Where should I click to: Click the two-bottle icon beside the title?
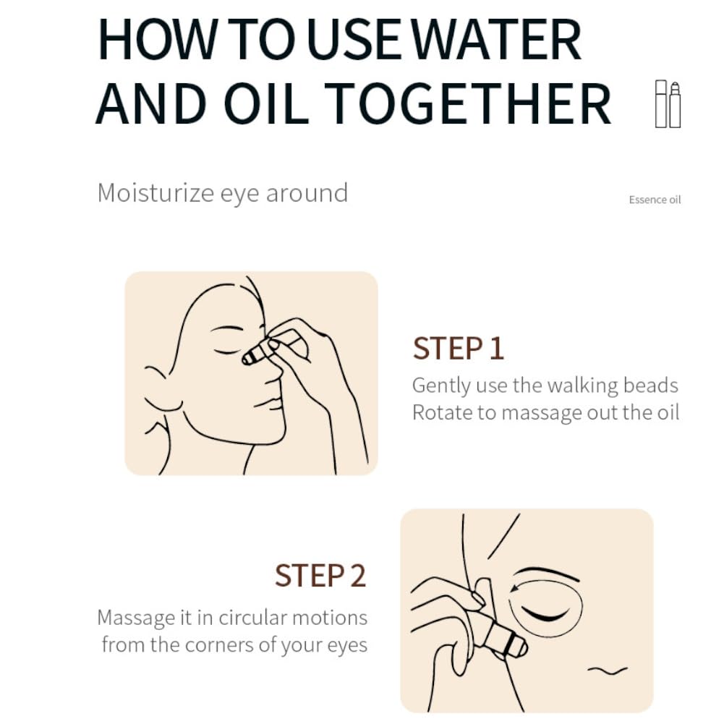coord(668,104)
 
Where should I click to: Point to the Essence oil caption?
coord(655,200)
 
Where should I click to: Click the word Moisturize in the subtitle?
coord(156,192)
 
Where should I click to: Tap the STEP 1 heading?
coord(458,348)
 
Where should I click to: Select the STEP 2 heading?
coord(320,575)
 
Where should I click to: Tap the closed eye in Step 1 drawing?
coord(228,352)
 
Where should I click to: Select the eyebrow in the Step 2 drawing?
coord(548,573)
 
